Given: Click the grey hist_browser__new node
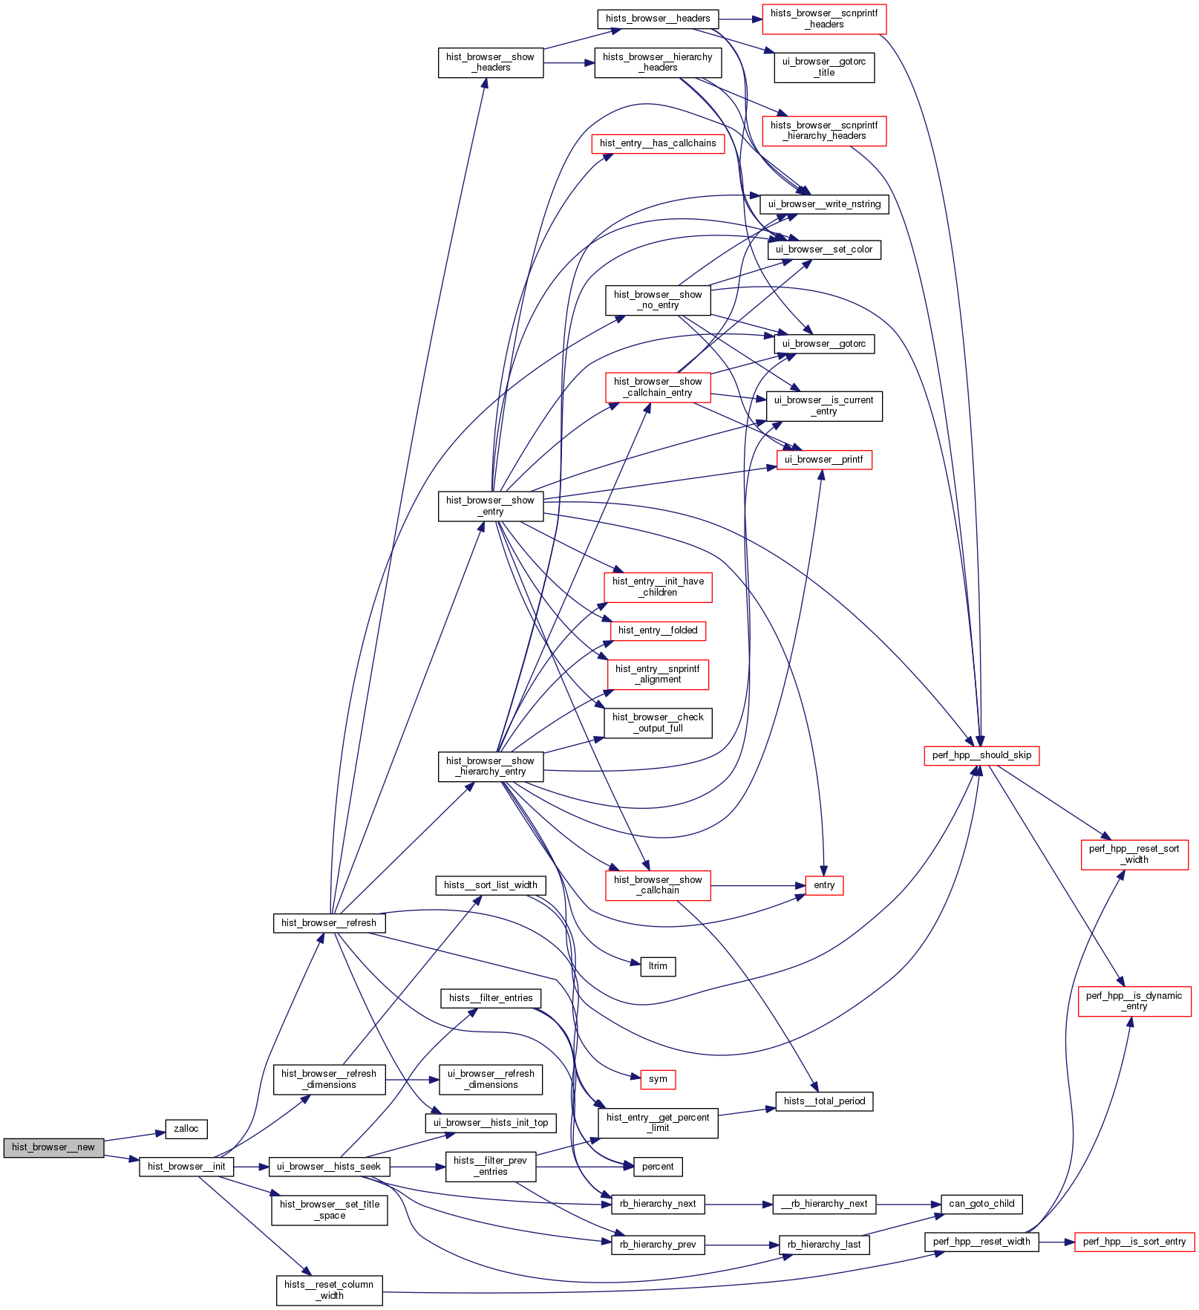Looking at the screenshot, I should tap(53, 1147).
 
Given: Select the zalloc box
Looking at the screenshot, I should tap(186, 1129).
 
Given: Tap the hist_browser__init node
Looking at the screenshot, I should tap(186, 1167).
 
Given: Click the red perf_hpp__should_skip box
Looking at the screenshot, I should tap(981, 755).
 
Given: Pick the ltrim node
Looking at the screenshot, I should tap(658, 966).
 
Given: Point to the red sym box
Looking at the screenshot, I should tap(658, 1079).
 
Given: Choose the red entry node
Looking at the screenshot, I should tap(824, 885).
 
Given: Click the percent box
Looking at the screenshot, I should tap(658, 1167).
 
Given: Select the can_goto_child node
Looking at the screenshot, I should tap(981, 1204).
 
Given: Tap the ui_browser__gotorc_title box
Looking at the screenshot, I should tap(824, 68).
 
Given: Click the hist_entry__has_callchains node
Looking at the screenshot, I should tap(658, 143).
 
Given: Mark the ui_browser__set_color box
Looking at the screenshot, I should tap(824, 250).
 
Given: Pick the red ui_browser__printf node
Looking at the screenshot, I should tap(824, 460).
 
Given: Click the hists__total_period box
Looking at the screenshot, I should tap(824, 1101).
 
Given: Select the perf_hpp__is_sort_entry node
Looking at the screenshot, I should tap(1134, 1242).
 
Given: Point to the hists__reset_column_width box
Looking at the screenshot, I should tap(330, 1290).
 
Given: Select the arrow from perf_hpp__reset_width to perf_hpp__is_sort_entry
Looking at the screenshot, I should tap(1056, 1242).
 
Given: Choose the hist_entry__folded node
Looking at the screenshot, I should tap(658, 630).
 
